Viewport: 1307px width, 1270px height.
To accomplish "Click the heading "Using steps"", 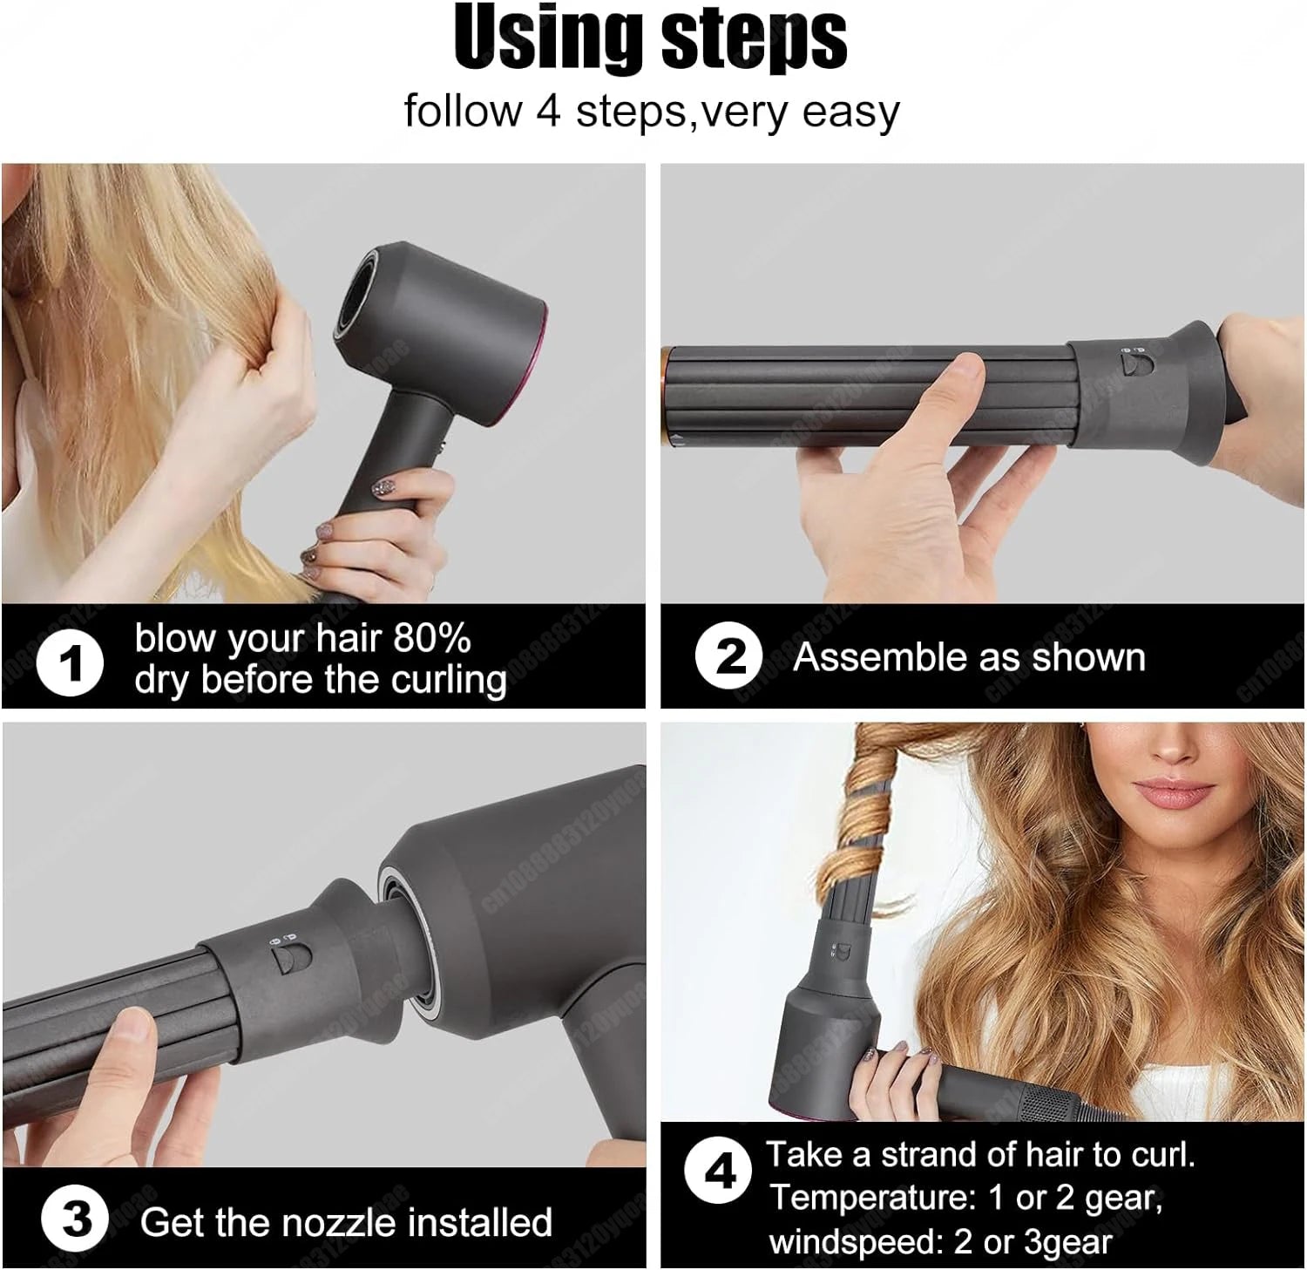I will click(651, 39).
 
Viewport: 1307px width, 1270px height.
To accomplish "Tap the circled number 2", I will click(729, 656).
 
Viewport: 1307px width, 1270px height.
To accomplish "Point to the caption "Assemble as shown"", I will click(969, 657).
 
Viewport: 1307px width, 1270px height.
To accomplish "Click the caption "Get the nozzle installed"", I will click(346, 1222).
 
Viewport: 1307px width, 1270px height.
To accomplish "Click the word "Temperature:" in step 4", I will click(872, 1199).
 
